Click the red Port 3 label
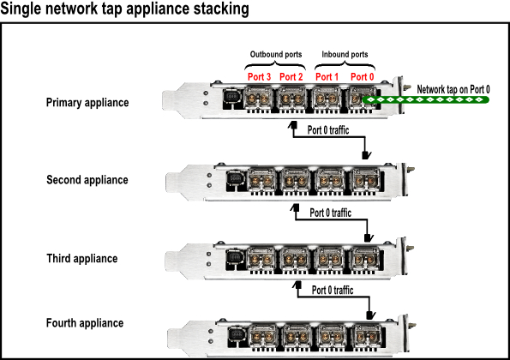coord(259,77)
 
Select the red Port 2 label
coord(291,77)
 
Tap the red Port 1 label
coord(327,77)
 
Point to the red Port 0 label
coord(362,77)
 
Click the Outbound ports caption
coord(276,54)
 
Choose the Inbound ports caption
coord(345,54)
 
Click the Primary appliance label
coord(87,103)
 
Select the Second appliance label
coord(87,180)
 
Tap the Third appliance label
coord(82,259)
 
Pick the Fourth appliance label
coord(85,323)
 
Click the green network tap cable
coord(425,99)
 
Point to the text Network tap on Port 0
coord(453,89)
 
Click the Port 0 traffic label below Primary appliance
coord(328,130)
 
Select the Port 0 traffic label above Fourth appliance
coord(333,290)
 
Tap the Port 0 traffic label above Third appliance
coord(331,213)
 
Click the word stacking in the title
coord(221,9)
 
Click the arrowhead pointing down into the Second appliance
coord(367,155)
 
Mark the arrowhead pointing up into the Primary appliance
coord(293,125)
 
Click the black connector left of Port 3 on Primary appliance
coord(232,98)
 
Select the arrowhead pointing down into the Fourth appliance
coord(371,315)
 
